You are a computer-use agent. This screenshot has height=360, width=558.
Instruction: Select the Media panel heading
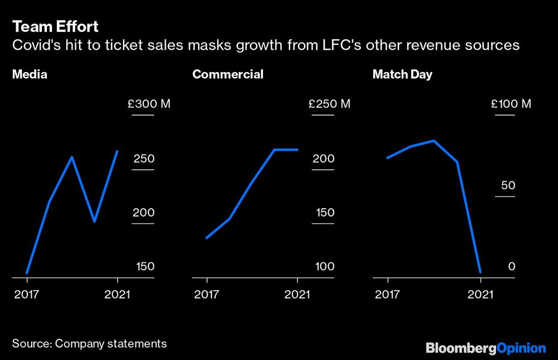[30, 74]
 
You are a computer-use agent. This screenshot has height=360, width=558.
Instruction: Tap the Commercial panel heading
[228, 74]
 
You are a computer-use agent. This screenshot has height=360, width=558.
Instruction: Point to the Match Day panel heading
[402, 74]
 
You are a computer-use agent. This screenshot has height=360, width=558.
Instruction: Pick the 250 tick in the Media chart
[143, 159]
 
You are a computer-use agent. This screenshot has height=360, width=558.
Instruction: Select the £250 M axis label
[329, 104]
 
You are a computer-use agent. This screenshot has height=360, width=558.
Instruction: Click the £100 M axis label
[511, 104]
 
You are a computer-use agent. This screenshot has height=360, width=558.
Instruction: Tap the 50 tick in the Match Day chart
[508, 185]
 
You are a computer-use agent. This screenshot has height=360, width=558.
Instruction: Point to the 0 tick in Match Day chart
[512, 267]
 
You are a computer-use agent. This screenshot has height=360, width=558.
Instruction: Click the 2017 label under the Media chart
[26, 294]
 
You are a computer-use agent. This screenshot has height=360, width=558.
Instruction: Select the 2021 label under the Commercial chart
[297, 294]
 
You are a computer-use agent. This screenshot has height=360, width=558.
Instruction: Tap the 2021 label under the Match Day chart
[480, 294]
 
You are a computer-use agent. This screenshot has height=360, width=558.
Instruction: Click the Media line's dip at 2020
[94, 221]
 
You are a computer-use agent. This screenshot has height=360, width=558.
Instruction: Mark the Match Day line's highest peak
[434, 141]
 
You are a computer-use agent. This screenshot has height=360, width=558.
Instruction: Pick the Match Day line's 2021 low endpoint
[480, 272]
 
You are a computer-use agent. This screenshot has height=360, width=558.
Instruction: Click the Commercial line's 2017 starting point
[207, 238]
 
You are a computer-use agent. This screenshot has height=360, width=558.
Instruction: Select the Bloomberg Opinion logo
[485, 348]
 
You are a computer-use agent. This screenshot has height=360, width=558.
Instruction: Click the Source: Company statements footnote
[89, 343]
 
